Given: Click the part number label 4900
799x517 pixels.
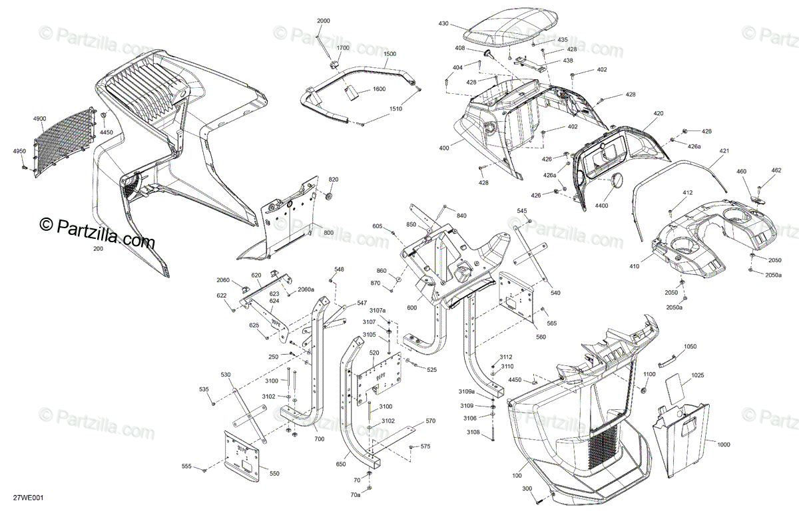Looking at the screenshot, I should tap(39, 118).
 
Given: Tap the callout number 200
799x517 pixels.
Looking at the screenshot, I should tap(99, 248).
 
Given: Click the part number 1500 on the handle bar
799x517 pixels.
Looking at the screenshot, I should tap(390, 54).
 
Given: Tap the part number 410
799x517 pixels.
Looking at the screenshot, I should tap(634, 267).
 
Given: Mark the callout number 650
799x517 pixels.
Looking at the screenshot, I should tap(341, 464).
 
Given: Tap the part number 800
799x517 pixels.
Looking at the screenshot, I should tap(328, 232).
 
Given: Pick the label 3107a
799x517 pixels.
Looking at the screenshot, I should tap(378, 310).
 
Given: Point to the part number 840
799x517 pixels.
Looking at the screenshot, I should tap(461, 215).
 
